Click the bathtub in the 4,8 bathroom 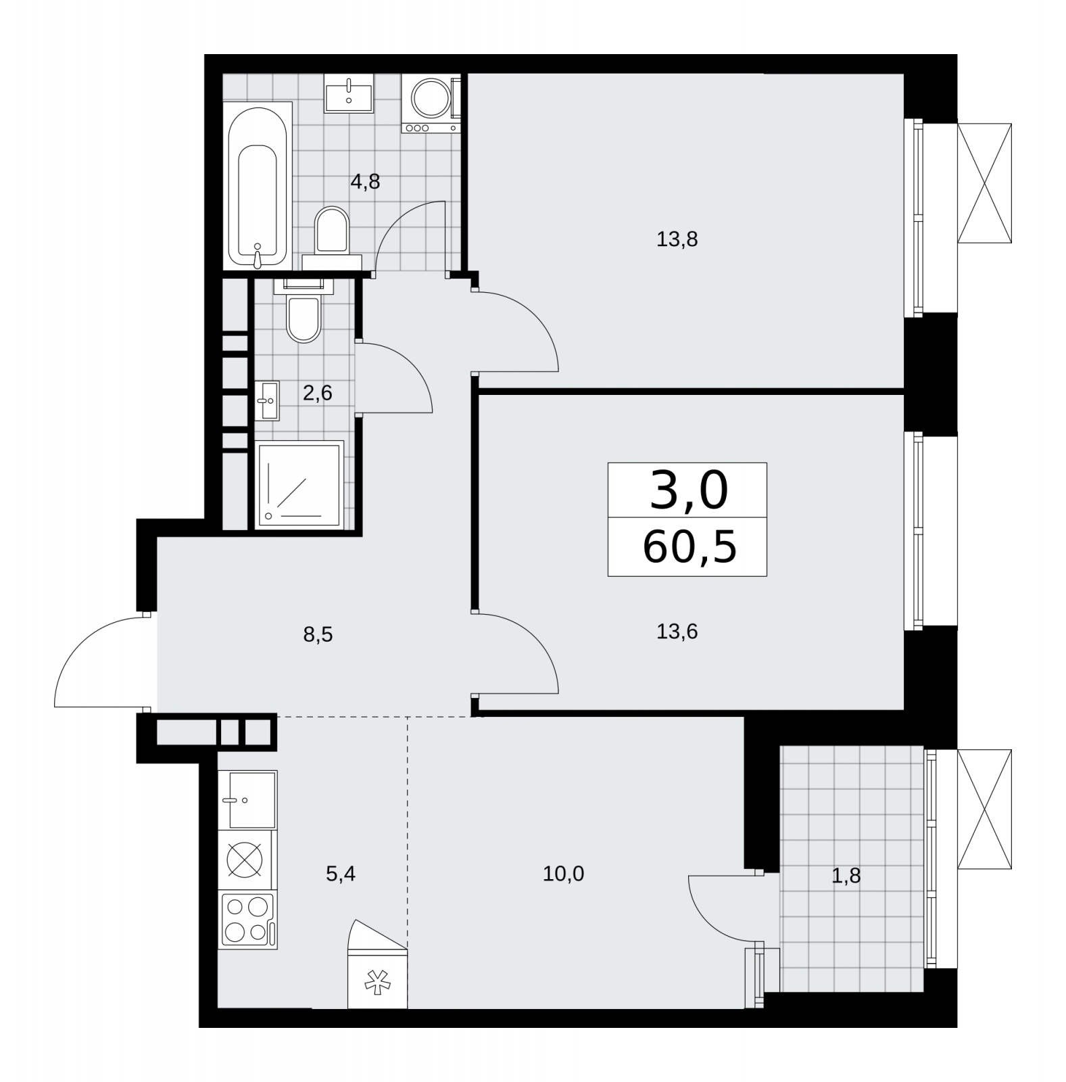(260, 186)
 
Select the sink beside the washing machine (349, 93)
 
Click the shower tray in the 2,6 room (298, 484)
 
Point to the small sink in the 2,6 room (267, 400)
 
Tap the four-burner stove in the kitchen (247, 920)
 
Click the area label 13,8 (677, 239)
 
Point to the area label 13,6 (677, 632)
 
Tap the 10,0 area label (563, 874)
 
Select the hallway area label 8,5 (318, 635)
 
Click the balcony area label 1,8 (846, 876)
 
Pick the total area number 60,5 (689, 547)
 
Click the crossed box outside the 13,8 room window (984, 183)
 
